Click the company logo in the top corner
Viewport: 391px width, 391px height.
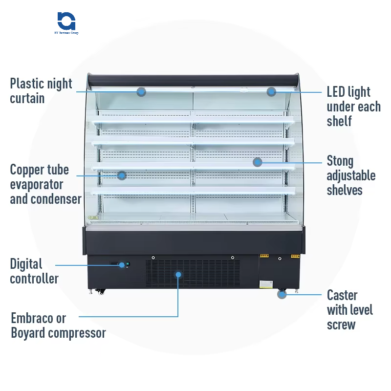67,22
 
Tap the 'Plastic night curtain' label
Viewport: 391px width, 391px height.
41,91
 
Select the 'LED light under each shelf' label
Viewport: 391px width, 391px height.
353,106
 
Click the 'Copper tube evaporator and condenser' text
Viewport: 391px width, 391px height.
45,184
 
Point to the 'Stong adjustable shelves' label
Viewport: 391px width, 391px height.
351,175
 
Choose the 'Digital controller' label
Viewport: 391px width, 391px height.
34,271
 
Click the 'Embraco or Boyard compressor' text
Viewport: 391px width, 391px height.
58,326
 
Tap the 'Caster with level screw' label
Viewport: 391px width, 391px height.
349,310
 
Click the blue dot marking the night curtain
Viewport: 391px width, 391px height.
141,91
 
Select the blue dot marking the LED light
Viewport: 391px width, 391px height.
271,91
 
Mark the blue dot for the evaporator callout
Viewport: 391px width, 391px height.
122,175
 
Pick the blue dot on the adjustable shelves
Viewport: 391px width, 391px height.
258,162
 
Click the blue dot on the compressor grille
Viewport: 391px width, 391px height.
178,275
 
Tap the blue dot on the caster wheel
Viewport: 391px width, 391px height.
282,294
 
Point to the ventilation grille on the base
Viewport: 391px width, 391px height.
205,274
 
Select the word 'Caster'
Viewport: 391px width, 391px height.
342,295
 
